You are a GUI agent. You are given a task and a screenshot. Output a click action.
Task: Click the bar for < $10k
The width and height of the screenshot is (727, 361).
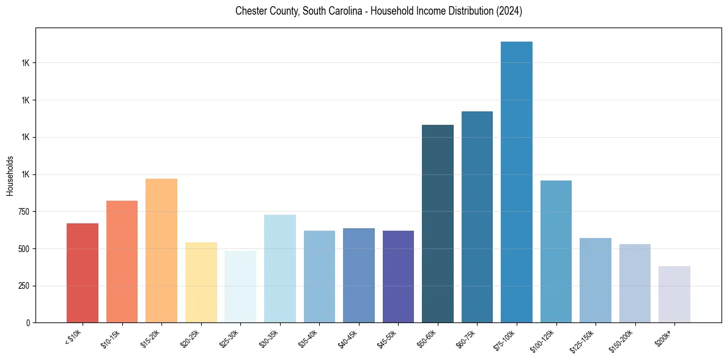(x=83, y=273)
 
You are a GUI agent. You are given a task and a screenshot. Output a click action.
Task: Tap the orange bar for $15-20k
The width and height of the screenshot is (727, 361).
(x=161, y=251)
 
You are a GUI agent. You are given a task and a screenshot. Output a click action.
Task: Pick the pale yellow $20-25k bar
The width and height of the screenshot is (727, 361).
(x=201, y=283)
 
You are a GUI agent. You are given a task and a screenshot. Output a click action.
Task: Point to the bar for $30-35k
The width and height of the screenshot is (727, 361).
(x=280, y=269)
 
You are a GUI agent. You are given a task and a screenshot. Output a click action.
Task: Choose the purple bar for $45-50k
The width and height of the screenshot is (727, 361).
(x=398, y=277)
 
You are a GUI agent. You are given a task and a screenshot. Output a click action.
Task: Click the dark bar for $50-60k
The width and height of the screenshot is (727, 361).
(x=438, y=224)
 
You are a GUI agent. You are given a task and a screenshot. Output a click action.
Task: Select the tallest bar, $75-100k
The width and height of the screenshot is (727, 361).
(x=517, y=182)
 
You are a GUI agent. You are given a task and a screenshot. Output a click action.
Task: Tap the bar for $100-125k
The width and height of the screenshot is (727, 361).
(x=556, y=251)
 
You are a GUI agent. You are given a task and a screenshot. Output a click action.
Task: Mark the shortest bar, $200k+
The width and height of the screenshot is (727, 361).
(x=674, y=294)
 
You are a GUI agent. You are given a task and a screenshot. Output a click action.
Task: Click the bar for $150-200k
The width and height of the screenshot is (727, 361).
(x=635, y=283)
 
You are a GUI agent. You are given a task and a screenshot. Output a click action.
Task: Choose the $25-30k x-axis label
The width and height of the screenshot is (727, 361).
(x=232, y=338)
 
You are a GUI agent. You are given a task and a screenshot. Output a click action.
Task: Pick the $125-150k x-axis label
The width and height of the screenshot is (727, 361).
(x=585, y=340)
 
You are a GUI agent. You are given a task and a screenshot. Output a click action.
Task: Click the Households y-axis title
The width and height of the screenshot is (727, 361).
(x=10, y=176)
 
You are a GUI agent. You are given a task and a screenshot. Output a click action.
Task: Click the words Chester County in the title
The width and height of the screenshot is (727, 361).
(x=266, y=12)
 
